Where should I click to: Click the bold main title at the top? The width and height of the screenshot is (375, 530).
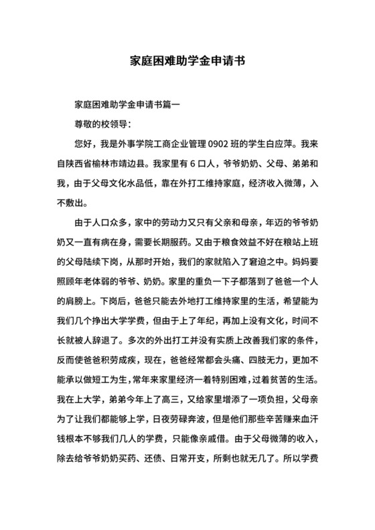tap(187, 60)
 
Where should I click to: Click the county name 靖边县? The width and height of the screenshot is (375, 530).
tap(146, 163)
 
